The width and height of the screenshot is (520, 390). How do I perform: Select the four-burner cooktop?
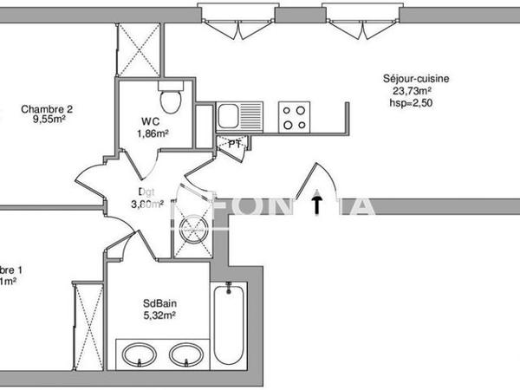[x=295, y=116]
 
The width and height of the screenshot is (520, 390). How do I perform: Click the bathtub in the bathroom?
[x=229, y=324]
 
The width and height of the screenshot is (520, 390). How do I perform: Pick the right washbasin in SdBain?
[x=183, y=356]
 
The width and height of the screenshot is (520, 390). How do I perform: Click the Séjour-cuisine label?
[x=416, y=79]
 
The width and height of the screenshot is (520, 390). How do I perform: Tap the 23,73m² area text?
[x=413, y=91]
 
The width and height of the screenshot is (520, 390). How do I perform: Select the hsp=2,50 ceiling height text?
[x=410, y=103]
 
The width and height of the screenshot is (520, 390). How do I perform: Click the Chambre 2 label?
[x=47, y=109]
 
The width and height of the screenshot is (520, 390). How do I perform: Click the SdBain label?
[x=159, y=304]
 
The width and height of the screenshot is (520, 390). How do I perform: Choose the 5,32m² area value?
[x=159, y=316]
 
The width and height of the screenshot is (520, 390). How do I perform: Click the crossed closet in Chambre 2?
[x=139, y=49]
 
